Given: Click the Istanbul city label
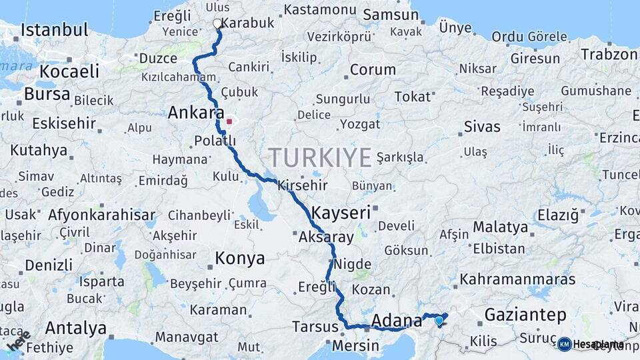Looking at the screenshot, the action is coord(55,30).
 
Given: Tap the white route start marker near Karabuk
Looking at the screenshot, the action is coord(217,24).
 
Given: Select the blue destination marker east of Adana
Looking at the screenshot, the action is coord(439,321).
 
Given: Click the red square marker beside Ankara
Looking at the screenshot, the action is coord(229,122).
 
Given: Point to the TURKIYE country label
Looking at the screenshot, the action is coord(320,158).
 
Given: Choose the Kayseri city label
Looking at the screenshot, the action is coord(341,213).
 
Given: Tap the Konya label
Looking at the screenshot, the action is coord(240,258).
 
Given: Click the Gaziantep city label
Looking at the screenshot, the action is coord(525,315).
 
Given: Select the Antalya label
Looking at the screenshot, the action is coord(76,328).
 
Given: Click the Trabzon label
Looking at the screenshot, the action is coord(610,55).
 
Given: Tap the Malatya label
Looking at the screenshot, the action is coord(500,227).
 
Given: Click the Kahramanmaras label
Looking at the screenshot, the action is coord(517,279).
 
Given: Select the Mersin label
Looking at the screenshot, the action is coord(355,347).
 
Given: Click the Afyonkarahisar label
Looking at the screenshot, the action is coord(101,215).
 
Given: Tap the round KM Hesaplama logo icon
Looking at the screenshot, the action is coord(565,344).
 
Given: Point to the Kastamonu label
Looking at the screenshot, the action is coord(320,10).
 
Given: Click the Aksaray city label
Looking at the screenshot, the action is coord(326,237).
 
